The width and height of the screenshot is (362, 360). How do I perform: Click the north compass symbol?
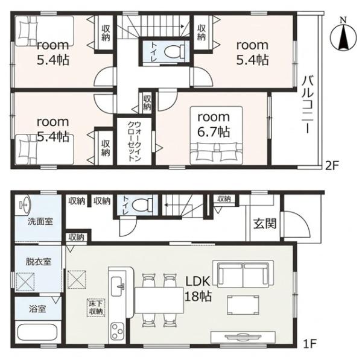pos(343,37)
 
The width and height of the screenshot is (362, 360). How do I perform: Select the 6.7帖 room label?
pos(214,125)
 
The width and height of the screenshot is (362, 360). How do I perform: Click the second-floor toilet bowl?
pos(175,51)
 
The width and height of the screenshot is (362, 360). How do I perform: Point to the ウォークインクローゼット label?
pos(134,142)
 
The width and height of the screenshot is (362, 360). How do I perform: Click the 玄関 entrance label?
pos(265,224)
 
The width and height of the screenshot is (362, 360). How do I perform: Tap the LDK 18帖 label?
pos(198,289)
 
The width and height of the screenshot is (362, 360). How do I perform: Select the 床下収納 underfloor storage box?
pos(96,308)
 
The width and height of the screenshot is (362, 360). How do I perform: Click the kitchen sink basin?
pos(118,286)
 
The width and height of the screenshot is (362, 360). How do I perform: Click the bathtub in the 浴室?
pos(37,333)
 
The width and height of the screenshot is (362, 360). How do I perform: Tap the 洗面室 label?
pos(40,221)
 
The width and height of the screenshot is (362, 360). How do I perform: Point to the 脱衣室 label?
pos(39,262)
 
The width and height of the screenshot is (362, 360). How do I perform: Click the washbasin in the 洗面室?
pos(23,203)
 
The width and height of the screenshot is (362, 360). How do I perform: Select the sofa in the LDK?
pos(243,274)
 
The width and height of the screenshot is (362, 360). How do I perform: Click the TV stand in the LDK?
pos(243,337)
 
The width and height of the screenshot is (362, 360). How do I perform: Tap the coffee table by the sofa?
pos(243,305)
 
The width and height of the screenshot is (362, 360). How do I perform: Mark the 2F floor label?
pos(331,166)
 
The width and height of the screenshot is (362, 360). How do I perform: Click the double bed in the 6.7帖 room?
pos(216,136)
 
